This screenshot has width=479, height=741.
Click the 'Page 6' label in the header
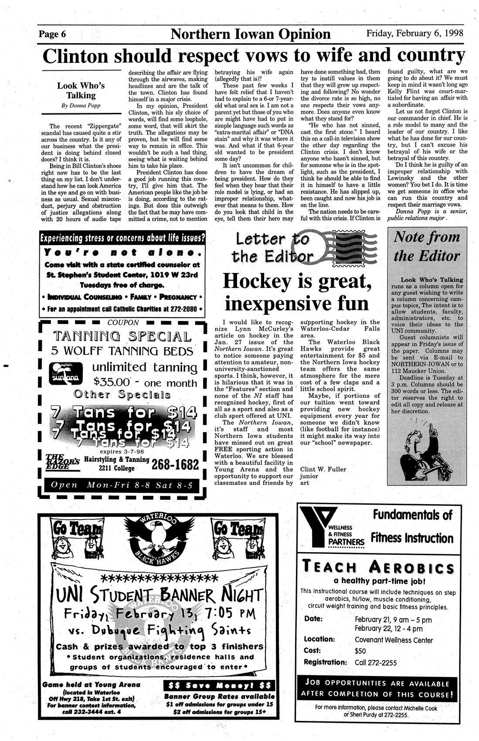tap(52, 34)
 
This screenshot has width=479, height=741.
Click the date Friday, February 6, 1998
tap(414, 33)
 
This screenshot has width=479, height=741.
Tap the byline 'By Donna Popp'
tap(81, 106)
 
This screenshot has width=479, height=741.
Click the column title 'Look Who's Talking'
tap(81, 90)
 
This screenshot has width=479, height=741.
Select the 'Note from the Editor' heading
tap(426, 246)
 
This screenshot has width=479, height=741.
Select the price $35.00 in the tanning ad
tap(112, 382)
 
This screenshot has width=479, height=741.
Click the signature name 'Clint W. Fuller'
tap(323, 469)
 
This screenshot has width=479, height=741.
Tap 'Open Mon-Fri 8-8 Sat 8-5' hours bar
tap(122, 485)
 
